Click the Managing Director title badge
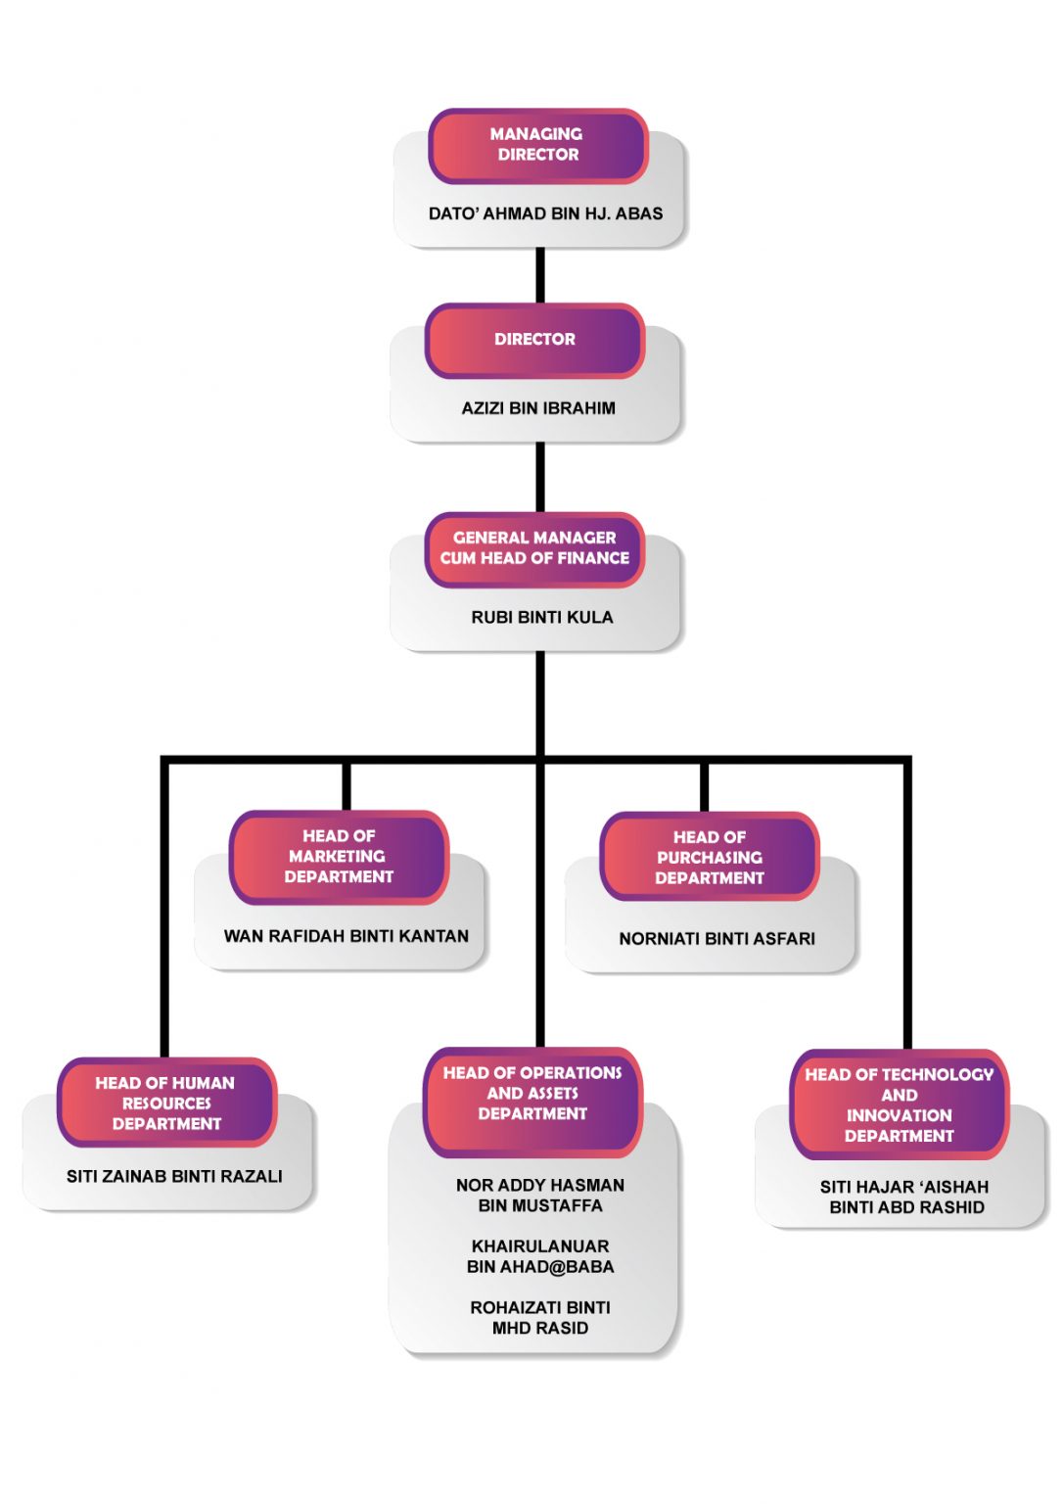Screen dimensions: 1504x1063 (x=537, y=145)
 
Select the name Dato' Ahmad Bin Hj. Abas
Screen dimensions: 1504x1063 (x=545, y=213)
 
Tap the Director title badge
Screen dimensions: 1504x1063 (x=534, y=340)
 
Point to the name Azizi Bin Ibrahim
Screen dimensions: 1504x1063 (x=538, y=408)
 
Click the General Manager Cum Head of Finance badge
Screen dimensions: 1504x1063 (x=534, y=548)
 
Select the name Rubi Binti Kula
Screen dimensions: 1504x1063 (x=541, y=618)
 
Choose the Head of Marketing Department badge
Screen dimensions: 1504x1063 (x=339, y=857)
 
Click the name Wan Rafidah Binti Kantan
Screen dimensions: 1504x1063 (x=346, y=936)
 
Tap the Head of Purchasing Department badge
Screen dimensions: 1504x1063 (x=710, y=858)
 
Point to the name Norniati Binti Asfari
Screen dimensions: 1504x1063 (x=716, y=939)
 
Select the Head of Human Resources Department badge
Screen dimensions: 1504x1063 (x=166, y=1104)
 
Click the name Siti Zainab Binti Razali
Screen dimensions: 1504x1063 (x=174, y=1177)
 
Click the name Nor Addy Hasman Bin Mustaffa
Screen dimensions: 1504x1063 (x=540, y=1196)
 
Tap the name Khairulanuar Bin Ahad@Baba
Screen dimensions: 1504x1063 (x=540, y=1256)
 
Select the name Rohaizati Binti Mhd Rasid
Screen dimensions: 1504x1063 (x=540, y=1318)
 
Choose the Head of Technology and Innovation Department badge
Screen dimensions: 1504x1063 (x=899, y=1105)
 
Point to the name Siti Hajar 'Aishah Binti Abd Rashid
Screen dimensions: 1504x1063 (x=905, y=1198)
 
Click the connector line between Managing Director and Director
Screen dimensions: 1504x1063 (x=539, y=275)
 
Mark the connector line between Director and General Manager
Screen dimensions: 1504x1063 (x=539, y=477)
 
